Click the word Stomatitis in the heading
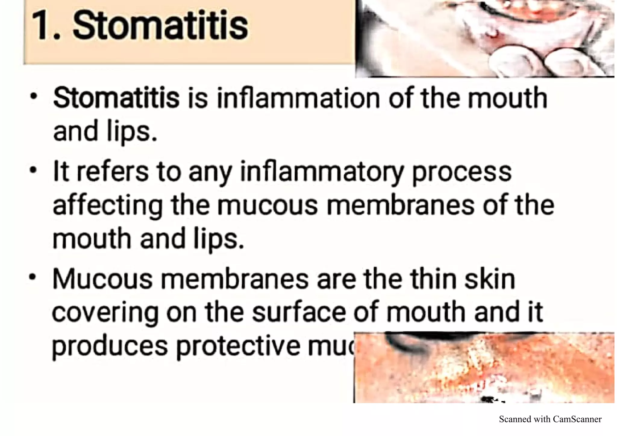click(x=160, y=25)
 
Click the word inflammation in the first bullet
click(x=298, y=98)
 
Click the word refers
click(x=113, y=172)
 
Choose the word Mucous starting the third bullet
click(x=102, y=279)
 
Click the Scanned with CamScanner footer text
click(x=550, y=419)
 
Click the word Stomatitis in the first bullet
click(x=116, y=98)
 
